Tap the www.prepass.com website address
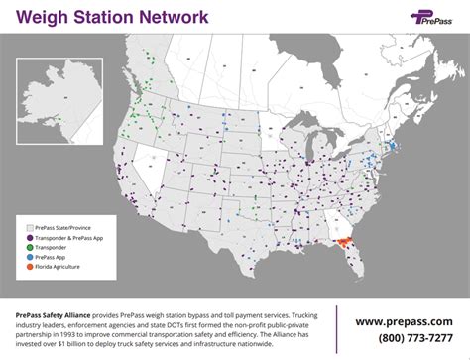coord(406,320)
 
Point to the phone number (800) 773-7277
coord(406,339)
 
